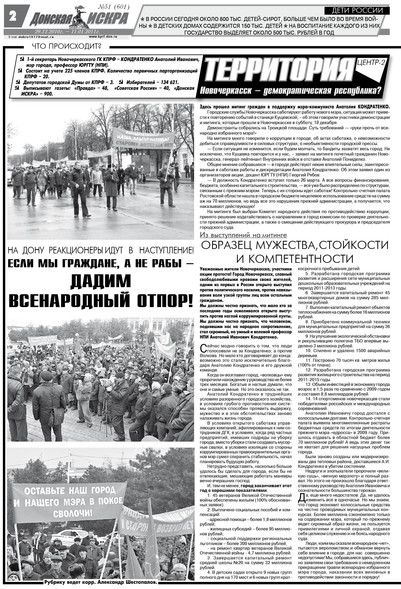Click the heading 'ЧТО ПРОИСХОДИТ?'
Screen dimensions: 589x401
point(66,46)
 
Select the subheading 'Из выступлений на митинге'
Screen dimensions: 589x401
point(243,235)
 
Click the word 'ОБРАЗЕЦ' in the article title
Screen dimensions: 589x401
point(226,246)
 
